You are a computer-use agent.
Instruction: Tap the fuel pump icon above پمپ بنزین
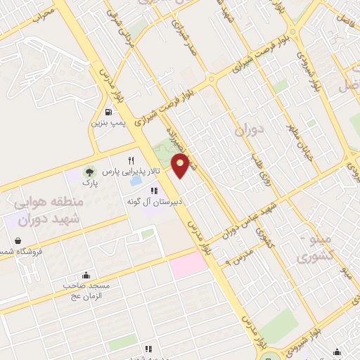pyautogui.click(x=108, y=112)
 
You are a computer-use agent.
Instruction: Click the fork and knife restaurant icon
pyautogui.click(x=131, y=161)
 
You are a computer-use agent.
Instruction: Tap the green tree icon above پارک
pyautogui.click(x=89, y=172)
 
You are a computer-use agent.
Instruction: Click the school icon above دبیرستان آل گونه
pyautogui.click(x=154, y=190)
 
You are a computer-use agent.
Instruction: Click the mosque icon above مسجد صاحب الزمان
pyautogui.click(x=86, y=275)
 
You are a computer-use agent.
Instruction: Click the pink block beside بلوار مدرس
pyautogui.click(x=188, y=263)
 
